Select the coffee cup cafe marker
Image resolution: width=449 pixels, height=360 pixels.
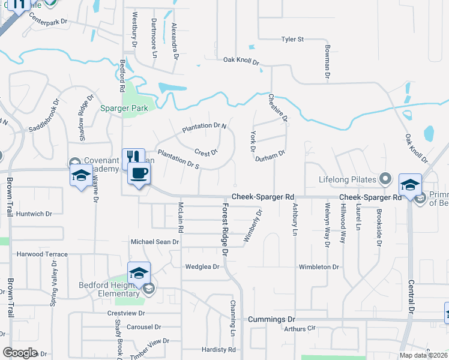tap(140, 175)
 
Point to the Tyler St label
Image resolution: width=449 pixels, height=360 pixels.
tap(293, 39)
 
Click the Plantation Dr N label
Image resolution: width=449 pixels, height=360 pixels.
tap(205, 127)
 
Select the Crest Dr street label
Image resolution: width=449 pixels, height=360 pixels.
tap(205, 152)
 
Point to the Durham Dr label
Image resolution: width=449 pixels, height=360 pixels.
tap(269, 154)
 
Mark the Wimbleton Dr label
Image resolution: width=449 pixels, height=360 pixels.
tap(319, 266)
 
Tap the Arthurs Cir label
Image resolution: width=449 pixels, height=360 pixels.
tap(300, 328)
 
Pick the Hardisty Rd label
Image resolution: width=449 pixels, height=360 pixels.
tap(218, 349)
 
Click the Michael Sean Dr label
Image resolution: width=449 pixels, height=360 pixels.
tap(155, 241)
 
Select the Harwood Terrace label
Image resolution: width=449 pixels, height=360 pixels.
tap(42, 254)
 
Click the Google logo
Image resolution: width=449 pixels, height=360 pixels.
tap(20, 352)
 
